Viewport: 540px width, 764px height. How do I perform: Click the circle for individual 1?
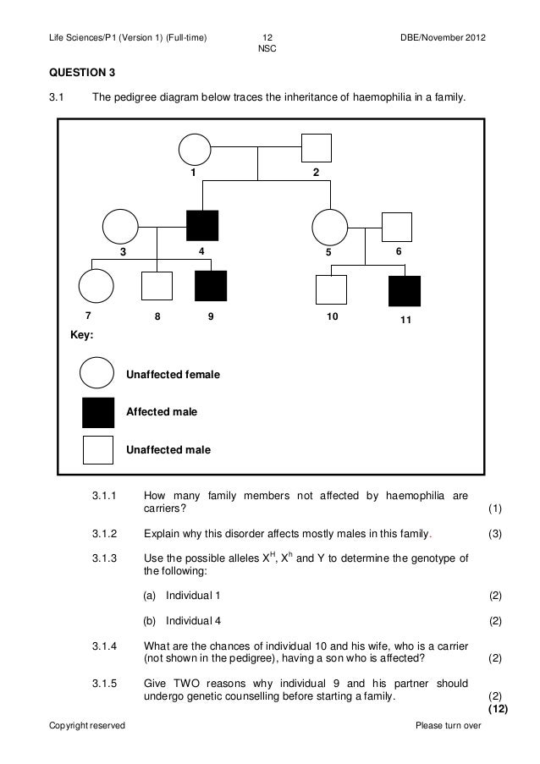coord(195,151)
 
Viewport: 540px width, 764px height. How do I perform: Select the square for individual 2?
coord(316,150)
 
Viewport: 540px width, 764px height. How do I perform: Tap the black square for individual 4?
coord(202,226)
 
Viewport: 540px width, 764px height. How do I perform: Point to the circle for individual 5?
coord(328,226)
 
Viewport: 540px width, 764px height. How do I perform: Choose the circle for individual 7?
coord(96,286)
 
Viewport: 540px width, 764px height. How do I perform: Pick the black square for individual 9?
coord(210,286)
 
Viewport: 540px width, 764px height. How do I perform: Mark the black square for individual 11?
coord(405,291)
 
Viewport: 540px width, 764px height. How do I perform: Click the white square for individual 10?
coord(330,290)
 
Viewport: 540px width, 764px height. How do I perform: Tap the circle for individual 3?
coord(120,226)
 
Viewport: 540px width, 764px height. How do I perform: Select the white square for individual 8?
coord(157,286)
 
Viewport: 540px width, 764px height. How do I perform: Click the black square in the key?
coord(97,412)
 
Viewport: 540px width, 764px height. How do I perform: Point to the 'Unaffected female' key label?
coord(173,374)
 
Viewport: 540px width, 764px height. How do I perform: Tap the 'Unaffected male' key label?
coord(168,449)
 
